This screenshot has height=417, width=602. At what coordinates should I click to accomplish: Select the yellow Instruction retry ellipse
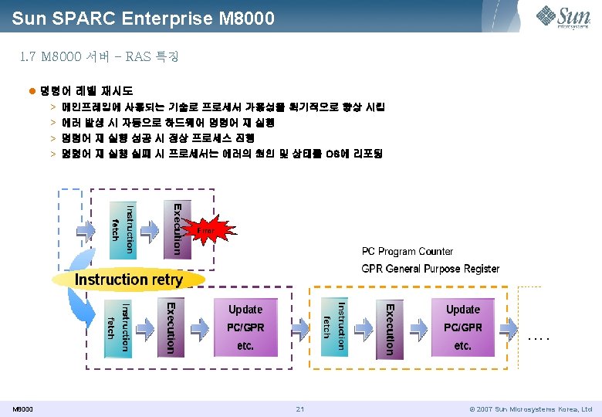[x=128, y=280]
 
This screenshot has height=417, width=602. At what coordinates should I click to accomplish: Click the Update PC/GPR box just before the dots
[x=462, y=327]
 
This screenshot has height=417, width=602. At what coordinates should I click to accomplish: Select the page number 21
[x=301, y=409]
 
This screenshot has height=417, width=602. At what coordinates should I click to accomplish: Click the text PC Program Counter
[x=408, y=252]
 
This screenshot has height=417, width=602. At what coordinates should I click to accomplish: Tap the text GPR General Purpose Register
[x=431, y=269]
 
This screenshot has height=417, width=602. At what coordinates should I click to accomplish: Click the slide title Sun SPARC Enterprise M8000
[x=143, y=16]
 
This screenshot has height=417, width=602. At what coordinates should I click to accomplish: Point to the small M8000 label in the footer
[x=22, y=409]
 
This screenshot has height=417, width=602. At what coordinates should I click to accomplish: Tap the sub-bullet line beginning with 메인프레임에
[x=228, y=107]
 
